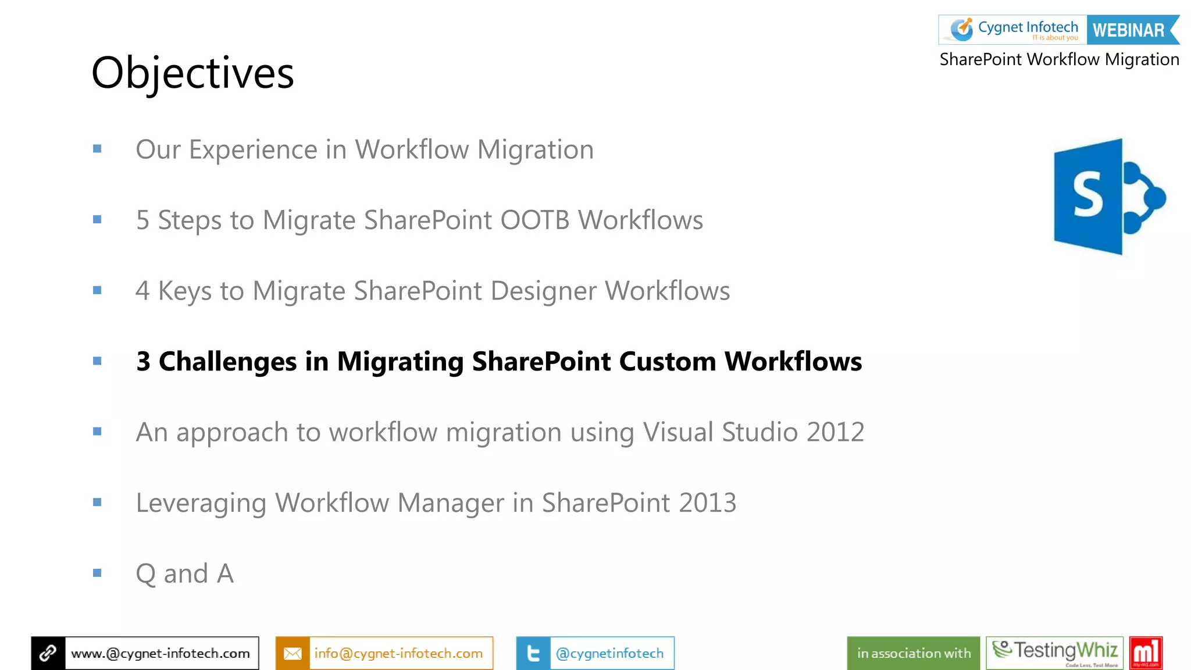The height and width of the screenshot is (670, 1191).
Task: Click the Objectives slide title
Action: pyautogui.click(x=192, y=73)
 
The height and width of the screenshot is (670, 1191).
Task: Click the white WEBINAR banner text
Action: pyautogui.click(x=1128, y=30)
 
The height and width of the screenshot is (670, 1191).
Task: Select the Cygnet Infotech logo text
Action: pyautogui.click(x=1028, y=27)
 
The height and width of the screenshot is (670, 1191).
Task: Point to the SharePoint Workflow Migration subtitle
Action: pyautogui.click(x=1059, y=59)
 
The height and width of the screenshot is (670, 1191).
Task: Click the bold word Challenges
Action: pyautogui.click(x=227, y=362)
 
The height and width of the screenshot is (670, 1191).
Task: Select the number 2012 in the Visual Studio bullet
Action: pyautogui.click(x=835, y=432)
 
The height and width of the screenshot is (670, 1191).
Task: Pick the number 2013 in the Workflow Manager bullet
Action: pyautogui.click(x=707, y=503)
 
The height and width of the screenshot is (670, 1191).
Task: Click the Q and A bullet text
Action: pyautogui.click(x=184, y=574)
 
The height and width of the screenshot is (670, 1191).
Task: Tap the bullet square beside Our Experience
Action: pyautogui.click(x=97, y=149)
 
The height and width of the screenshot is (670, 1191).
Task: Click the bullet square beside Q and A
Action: pyautogui.click(x=97, y=573)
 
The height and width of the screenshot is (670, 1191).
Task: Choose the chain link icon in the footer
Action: pyautogui.click(x=48, y=653)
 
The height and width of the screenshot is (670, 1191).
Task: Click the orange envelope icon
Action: pyautogui.click(x=293, y=653)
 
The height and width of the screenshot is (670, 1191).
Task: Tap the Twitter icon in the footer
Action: pyautogui.click(x=533, y=653)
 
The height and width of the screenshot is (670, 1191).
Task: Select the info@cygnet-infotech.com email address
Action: pyautogui.click(x=398, y=653)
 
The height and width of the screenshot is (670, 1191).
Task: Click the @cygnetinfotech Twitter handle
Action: pyautogui.click(x=609, y=653)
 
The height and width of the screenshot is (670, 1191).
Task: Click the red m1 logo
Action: pyautogui.click(x=1146, y=653)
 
